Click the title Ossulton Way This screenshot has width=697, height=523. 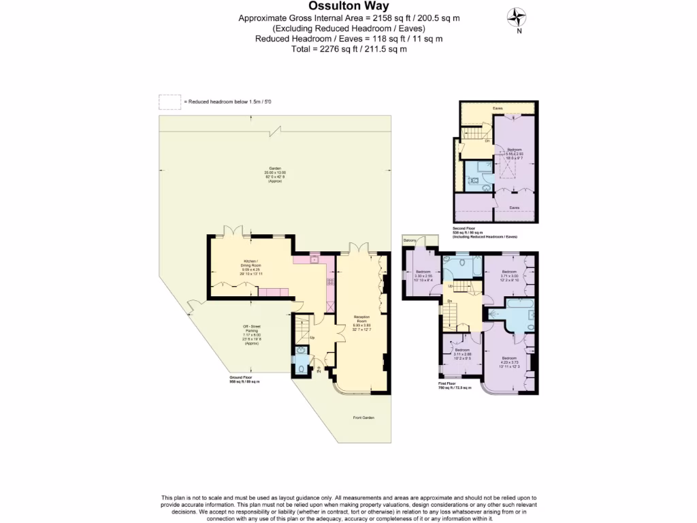[348, 6]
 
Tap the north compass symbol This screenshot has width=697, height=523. [519, 16]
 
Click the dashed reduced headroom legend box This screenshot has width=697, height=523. [169, 101]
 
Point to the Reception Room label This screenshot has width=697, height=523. [361, 321]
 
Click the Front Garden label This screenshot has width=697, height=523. [363, 417]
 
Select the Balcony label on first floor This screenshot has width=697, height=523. [410, 240]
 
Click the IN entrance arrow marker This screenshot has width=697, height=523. [319, 370]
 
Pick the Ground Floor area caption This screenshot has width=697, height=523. [244, 381]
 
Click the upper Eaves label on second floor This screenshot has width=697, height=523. [498, 108]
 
